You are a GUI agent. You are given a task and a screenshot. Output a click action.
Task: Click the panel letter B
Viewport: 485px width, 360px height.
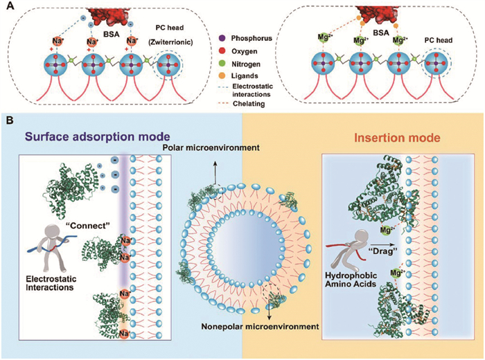(10, 120)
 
